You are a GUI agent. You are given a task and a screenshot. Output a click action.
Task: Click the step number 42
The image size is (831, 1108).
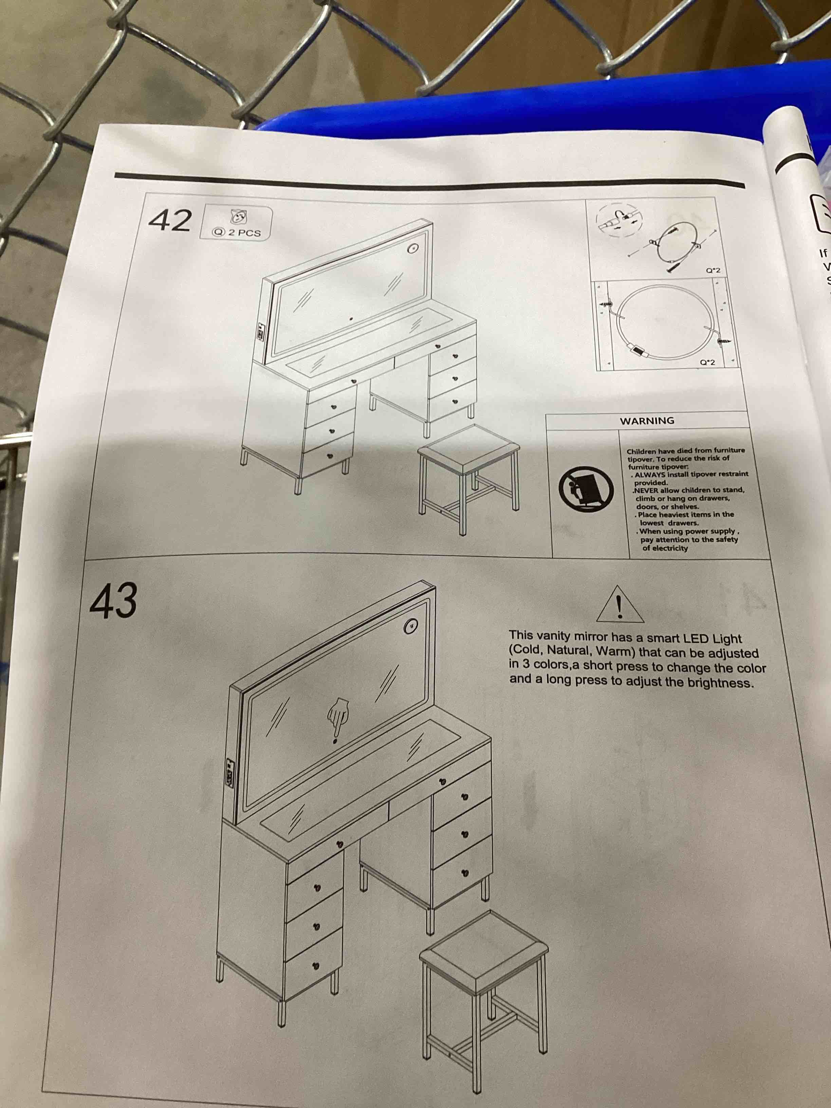pos(170,220)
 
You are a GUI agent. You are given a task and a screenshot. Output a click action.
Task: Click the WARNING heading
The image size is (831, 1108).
pos(647,421)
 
